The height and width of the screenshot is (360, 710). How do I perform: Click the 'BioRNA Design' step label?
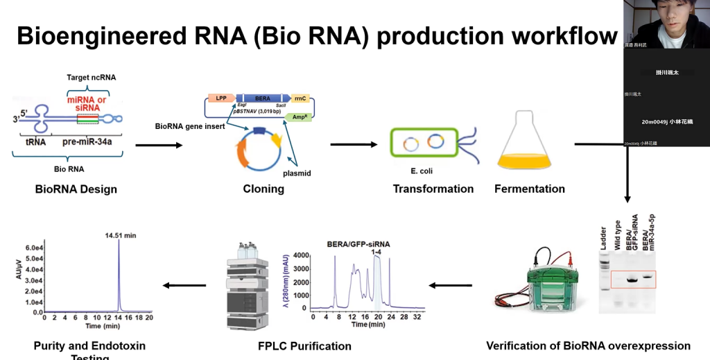tap(76, 189)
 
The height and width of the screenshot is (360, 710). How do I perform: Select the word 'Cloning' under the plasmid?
tap(263, 189)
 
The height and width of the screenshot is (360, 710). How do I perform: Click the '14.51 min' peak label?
tap(121, 235)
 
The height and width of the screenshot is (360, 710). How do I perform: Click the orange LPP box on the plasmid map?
tap(221, 98)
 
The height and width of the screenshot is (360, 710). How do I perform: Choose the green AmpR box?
tap(297, 118)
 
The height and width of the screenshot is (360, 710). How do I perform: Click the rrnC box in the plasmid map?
tap(300, 98)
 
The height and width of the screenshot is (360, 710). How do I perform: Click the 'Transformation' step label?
tap(433, 189)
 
